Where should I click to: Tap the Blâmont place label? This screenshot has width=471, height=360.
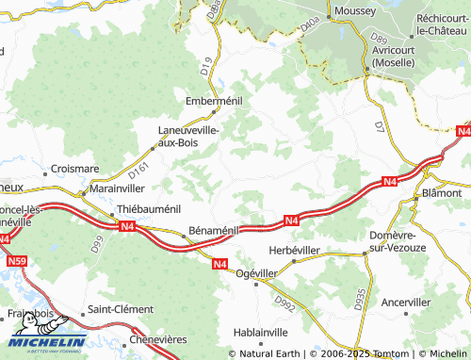442,191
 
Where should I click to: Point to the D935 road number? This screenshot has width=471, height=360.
359,298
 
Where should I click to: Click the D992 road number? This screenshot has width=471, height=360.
284,301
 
